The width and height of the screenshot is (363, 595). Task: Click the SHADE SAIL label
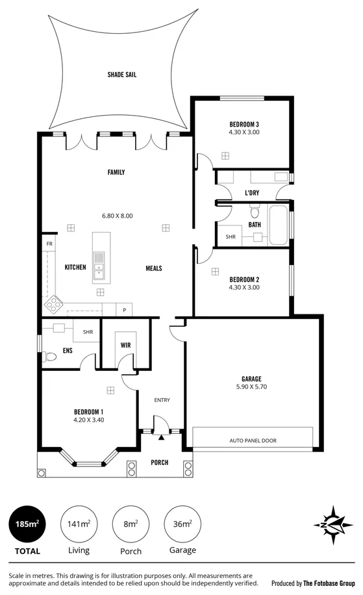tap(121, 75)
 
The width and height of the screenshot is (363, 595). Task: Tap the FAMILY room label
tap(116, 172)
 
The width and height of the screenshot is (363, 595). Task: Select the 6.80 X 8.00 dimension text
tap(117, 216)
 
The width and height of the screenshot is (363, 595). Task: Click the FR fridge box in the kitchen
tap(49, 244)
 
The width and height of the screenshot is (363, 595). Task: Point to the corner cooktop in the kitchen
tap(53, 303)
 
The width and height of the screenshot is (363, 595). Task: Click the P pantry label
tap(124, 309)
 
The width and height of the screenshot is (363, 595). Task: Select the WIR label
tap(126, 346)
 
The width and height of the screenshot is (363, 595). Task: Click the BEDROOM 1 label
tap(88, 412)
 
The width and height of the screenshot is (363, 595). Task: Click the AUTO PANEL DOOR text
tap(253, 440)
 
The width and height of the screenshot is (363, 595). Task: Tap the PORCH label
tap(159, 462)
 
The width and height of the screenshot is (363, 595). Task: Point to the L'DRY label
tap(253, 193)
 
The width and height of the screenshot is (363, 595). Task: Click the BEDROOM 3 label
tap(244, 124)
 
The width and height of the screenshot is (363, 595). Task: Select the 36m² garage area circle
tap(181, 524)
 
